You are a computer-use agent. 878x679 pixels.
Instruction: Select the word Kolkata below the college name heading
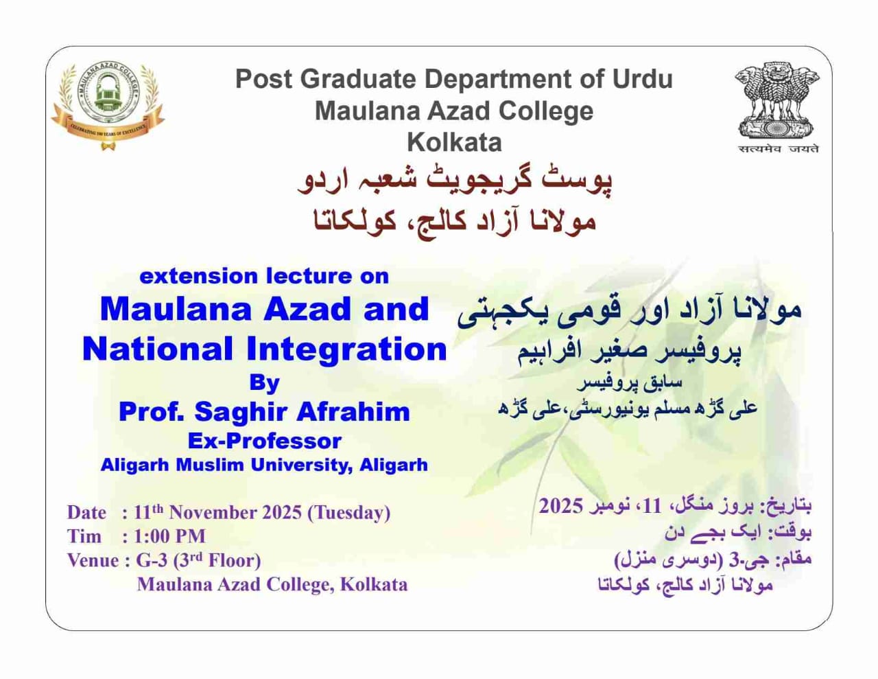click(454, 142)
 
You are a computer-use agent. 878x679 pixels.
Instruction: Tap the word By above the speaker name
click(264, 382)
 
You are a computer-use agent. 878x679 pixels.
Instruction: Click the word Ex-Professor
click(264, 441)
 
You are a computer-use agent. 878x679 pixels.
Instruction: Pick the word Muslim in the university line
click(209, 465)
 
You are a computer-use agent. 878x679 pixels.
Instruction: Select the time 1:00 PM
click(169, 536)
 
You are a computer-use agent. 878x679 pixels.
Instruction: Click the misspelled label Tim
click(84, 536)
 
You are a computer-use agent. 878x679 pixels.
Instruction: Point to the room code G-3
click(152, 560)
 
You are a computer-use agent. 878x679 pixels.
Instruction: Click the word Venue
click(93, 560)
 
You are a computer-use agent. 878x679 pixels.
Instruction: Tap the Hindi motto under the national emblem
click(778, 149)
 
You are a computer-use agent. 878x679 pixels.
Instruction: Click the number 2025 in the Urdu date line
click(561, 506)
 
